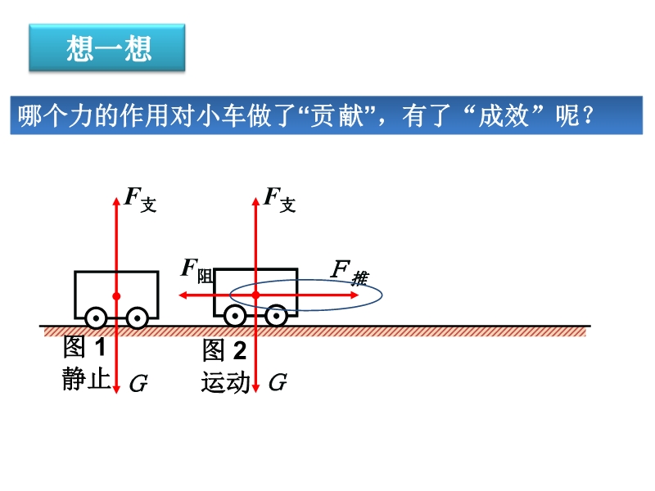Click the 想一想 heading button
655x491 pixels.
tap(107, 47)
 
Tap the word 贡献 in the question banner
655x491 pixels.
tap(337, 115)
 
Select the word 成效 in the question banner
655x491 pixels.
tap(504, 115)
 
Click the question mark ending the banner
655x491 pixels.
tap(589, 115)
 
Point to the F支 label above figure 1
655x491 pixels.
tap(140, 199)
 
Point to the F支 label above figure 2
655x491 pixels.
tap(279, 199)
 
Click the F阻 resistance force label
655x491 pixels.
tap(197, 271)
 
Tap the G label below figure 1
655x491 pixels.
tap(138, 383)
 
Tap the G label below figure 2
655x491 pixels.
tap(278, 382)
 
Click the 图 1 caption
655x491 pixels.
tap(84, 346)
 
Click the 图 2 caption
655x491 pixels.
tap(224, 350)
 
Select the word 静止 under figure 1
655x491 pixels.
tap(86, 379)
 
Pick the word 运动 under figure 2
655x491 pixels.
tap(226, 382)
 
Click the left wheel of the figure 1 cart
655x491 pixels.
tap(96, 318)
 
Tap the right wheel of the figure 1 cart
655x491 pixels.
tap(137, 318)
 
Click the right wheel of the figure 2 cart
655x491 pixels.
tap(276, 316)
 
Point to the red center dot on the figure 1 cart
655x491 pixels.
tap(116, 296)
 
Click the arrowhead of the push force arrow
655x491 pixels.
tap(355, 295)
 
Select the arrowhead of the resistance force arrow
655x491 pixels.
tap(183, 295)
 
